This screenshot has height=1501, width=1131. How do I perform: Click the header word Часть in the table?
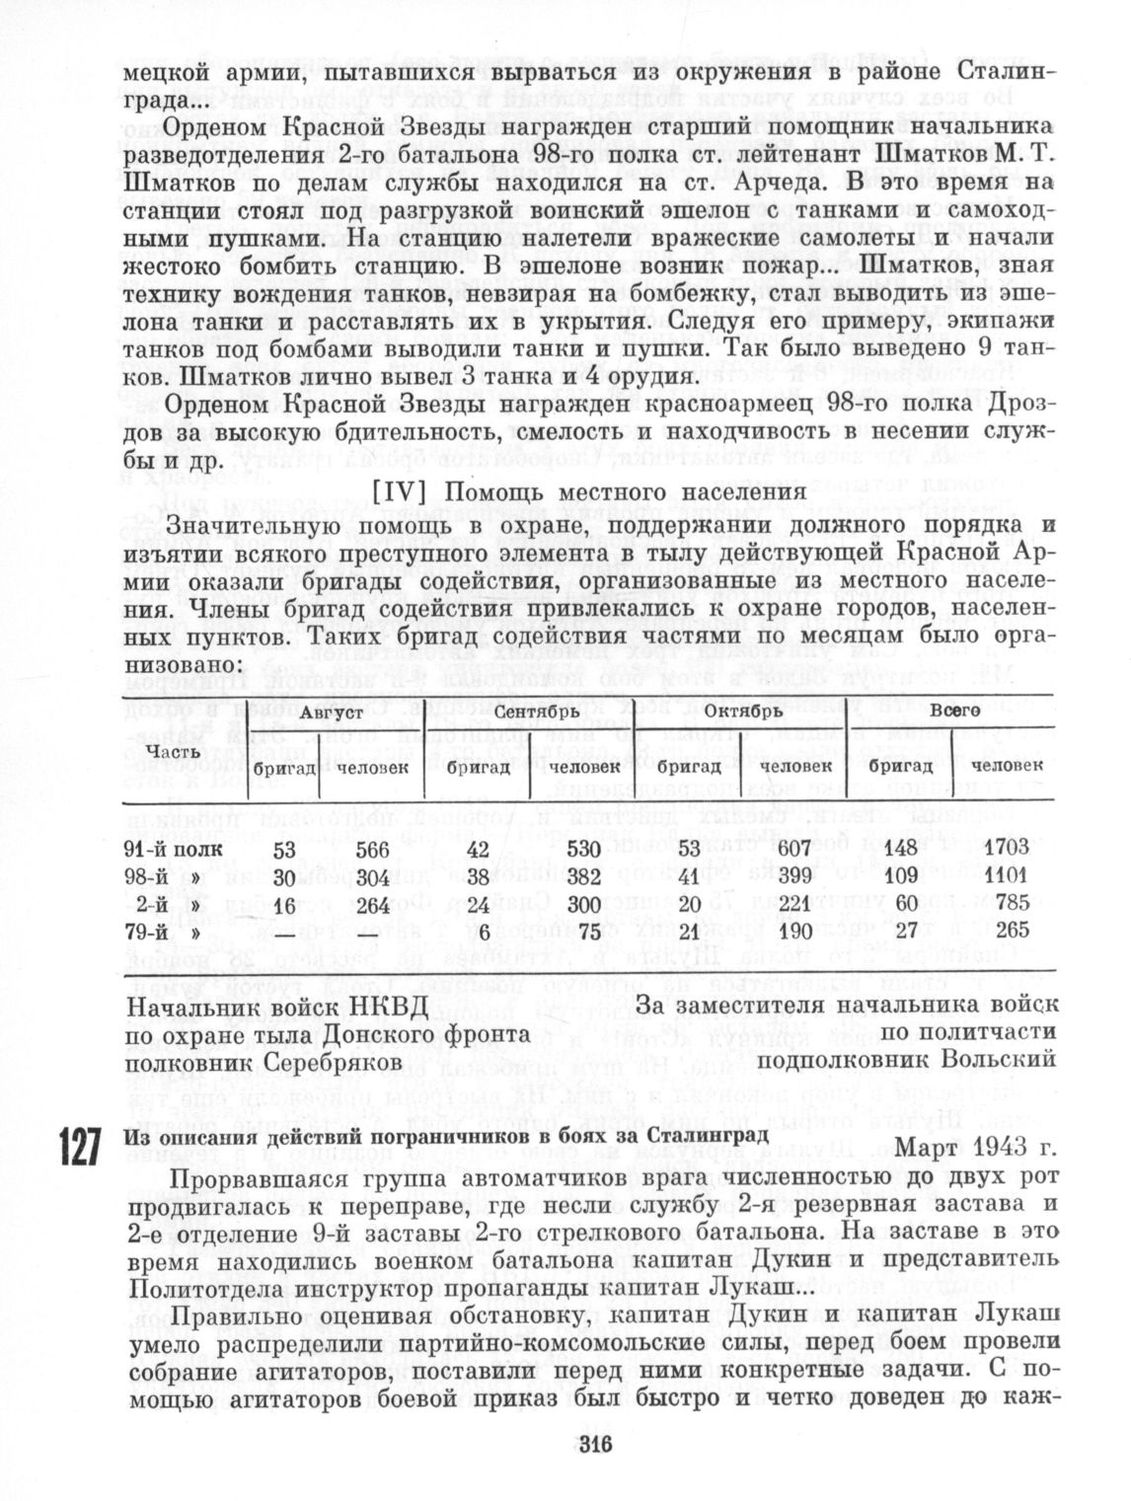tap(168, 751)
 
